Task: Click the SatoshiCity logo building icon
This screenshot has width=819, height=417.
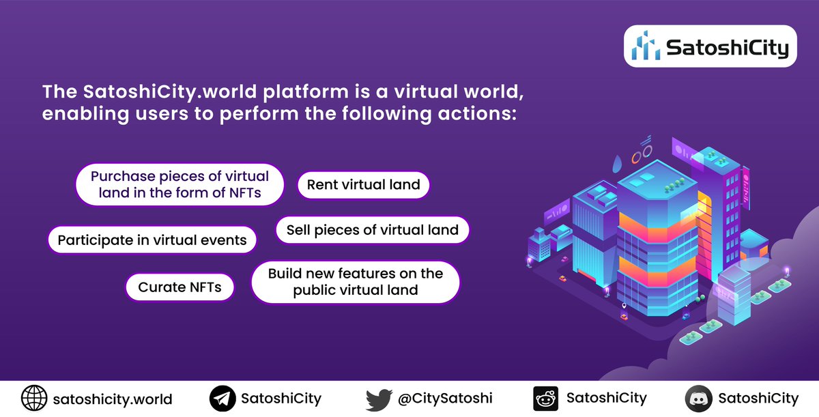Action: point(645,46)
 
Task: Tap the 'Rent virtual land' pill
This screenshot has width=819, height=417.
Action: point(363,185)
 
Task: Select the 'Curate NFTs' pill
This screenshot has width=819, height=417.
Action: point(179,287)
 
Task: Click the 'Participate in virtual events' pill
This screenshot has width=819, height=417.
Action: point(152,240)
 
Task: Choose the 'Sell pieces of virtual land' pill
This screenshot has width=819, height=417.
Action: point(372,230)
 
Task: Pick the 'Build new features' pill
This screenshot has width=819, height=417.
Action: point(355,282)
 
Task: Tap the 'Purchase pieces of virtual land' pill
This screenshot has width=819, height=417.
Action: point(179,184)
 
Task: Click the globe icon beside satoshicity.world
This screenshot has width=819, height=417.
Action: point(33,399)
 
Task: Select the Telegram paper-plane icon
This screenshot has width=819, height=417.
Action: point(222,399)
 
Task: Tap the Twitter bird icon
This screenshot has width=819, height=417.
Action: point(378,399)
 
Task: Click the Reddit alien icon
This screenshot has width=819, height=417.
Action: point(545,399)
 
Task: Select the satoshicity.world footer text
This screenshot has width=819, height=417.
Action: point(112,399)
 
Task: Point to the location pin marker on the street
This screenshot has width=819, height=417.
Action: point(624,305)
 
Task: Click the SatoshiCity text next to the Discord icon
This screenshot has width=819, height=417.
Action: point(758,399)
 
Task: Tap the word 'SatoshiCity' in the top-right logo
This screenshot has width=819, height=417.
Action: point(727,48)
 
